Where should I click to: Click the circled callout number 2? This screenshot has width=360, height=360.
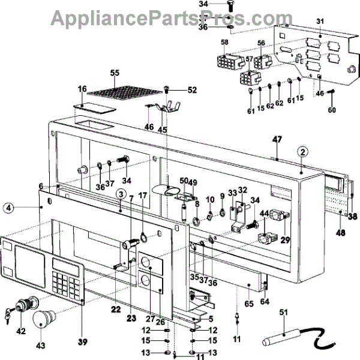[x=304, y=151]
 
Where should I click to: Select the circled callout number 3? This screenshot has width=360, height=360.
[x=121, y=194]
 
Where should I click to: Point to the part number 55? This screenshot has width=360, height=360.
[x=115, y=73]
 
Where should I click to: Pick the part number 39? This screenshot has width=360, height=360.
[x=82, y=343]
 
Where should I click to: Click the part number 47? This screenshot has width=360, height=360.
[x=277, y=140]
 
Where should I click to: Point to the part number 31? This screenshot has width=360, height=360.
[x=320, y=22]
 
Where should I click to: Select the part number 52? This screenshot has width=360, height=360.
[x=192, y=91]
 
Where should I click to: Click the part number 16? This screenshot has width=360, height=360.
[x=82, y=89]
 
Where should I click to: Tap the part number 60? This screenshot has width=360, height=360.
[x=331, y=110]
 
